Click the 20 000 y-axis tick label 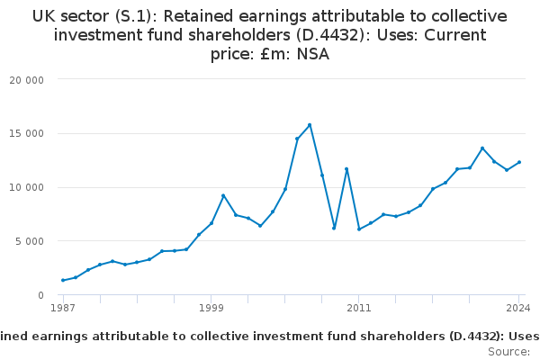click(26, 80)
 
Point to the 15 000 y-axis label click(26, 134)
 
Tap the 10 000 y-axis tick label click(26, 187)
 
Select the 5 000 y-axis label click(30, 241)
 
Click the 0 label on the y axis click(41, 295)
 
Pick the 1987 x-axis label click(63, 308)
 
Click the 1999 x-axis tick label click(211, 308)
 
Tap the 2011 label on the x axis click(359, 308)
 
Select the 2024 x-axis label click(518, 308)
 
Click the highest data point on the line click(310, 125)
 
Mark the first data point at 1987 click(63, 281)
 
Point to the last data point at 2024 click(519, 162)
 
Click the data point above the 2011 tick click(359, 229)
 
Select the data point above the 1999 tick click(211, 223)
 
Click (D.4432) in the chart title click(333, 35)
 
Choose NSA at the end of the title click(313, 54)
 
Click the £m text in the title click(274, 54)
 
